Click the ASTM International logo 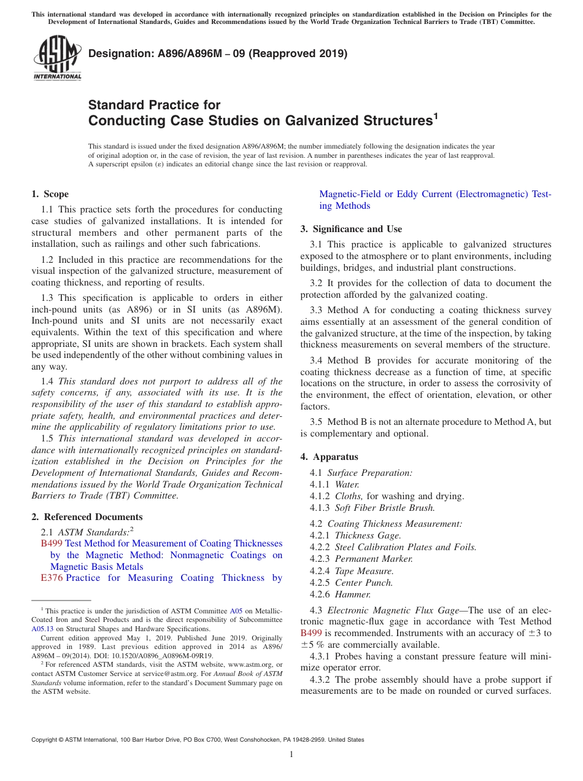[57, 59]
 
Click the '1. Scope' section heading [50, 194]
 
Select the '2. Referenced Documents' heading [87, 517]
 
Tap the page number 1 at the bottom [291, 754]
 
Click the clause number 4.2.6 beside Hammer [320, 594]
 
